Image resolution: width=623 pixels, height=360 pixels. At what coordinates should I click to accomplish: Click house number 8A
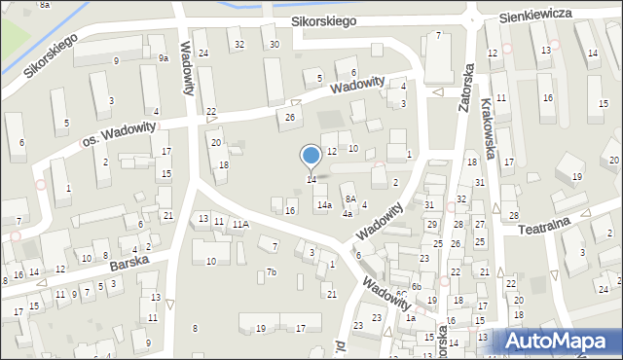[350, 199]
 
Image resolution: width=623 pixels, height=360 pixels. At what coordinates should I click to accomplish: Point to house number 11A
[239, 224]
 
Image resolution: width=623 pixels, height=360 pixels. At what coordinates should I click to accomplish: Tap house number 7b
[273, 271]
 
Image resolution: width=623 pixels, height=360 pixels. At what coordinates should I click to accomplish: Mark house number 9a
[164, 58]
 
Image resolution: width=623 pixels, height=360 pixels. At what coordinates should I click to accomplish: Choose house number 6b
[416, 286]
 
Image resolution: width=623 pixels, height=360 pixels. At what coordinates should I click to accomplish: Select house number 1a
[411, 318]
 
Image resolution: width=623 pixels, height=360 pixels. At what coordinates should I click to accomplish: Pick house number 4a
[347, 214]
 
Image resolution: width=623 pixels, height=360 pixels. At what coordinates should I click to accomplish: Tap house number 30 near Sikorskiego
[275, 45]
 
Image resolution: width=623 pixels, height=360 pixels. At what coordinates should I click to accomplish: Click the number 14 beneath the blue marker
[311, 179]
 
